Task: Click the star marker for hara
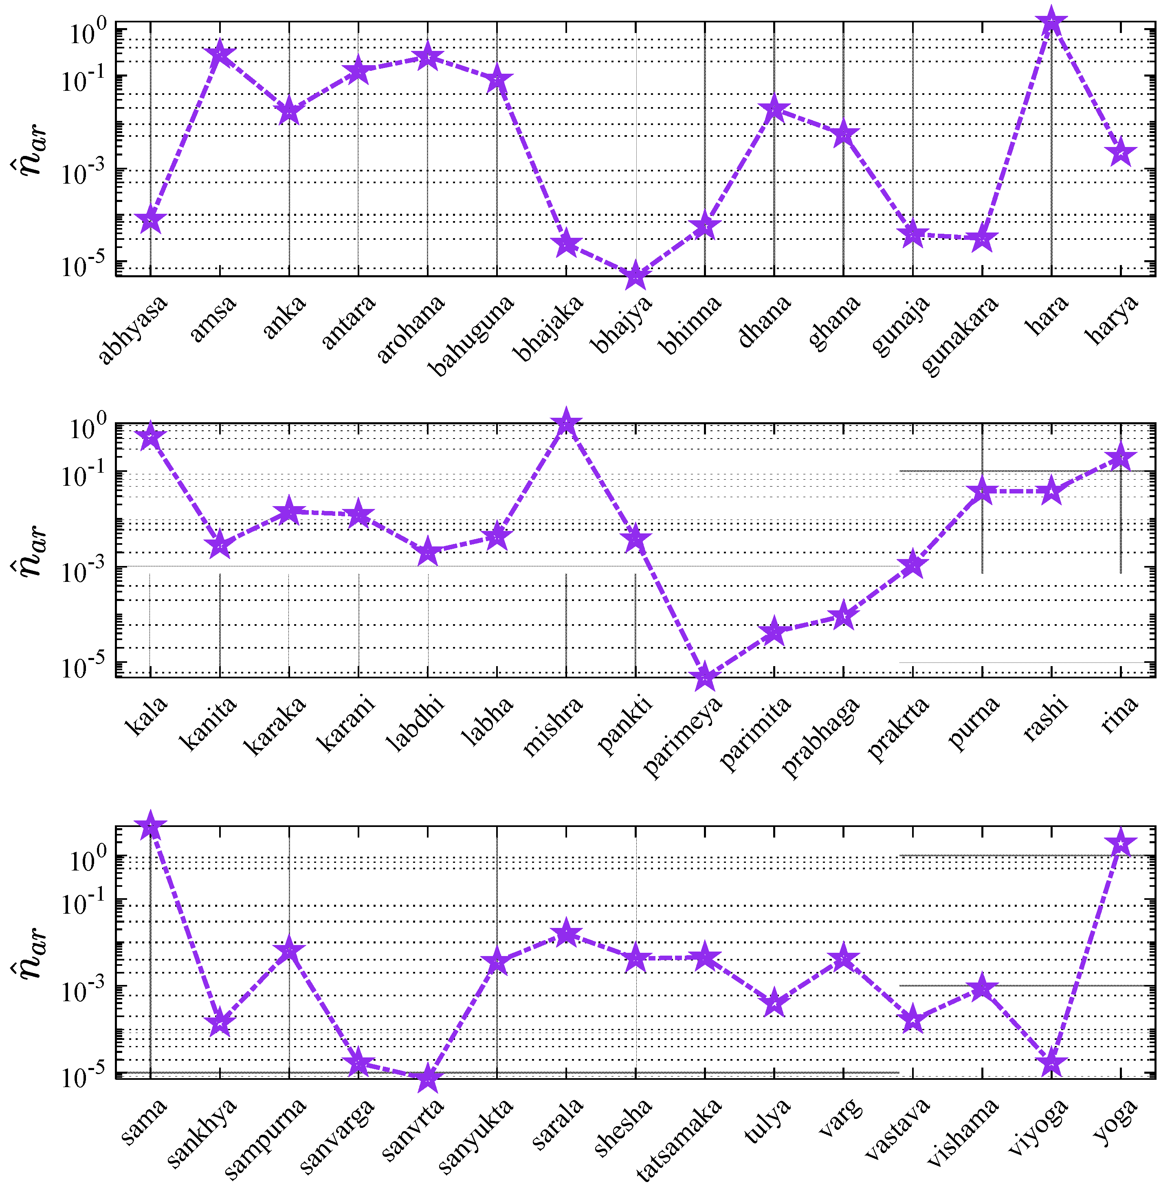click(1051, 22)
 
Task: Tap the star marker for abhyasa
click(151, 220)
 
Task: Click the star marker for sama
click(151, 827)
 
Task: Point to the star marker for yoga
click(1120, 844)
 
